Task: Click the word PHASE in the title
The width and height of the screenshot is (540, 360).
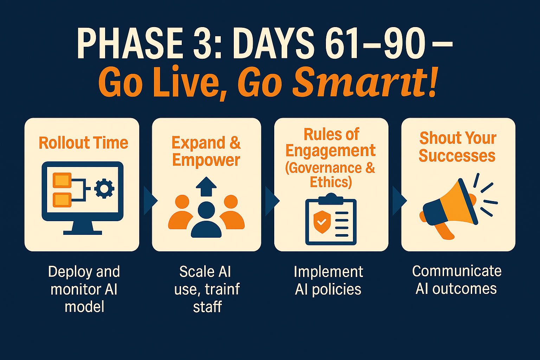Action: (130, 43)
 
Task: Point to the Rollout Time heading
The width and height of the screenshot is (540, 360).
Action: (83, 143)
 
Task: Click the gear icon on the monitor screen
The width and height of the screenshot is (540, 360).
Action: (104, 188)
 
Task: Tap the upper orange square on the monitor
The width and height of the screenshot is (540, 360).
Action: (62, 180)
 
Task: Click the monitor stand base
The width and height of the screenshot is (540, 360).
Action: (83, 233)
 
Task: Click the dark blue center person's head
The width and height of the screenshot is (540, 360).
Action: (206, 210)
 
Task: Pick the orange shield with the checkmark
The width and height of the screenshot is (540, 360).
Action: (322, 222)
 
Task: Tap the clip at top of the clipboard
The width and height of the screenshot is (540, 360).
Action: (331, 199)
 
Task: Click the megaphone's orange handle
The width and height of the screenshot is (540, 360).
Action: (444, 231)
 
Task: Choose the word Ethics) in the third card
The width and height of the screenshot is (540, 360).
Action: (331, 182)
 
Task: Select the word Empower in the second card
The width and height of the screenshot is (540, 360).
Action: (206, 160)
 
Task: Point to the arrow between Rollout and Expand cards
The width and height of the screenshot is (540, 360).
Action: (150, 200)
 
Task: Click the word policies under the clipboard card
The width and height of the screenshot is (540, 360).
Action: (337, 290)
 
